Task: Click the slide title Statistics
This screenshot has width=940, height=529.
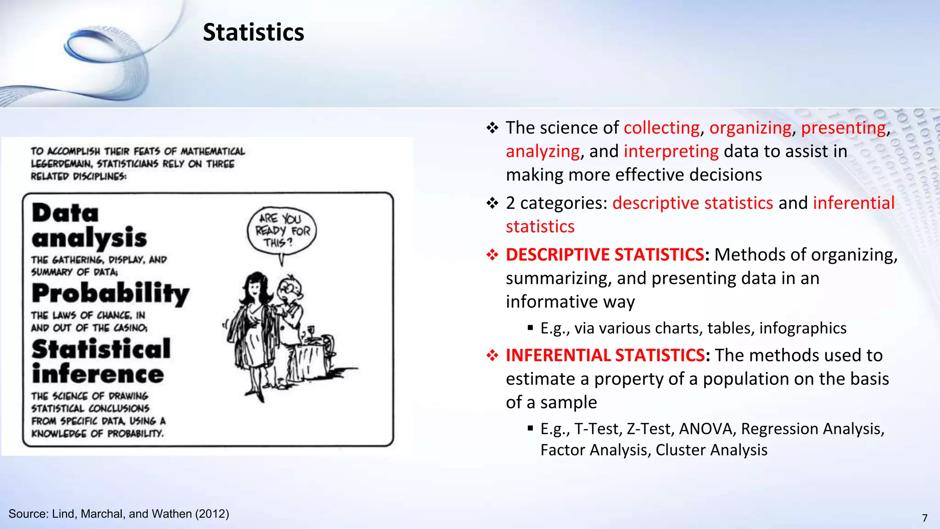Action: (253, 33)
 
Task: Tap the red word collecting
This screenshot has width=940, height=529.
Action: (661, 128)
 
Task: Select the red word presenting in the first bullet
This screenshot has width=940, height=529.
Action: (843, 128)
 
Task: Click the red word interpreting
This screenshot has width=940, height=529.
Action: (671, 151)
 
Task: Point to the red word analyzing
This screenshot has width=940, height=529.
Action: (543, 151)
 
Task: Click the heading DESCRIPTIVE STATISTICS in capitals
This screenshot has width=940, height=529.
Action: (605, 254)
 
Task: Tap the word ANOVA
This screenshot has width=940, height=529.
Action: (707, 428)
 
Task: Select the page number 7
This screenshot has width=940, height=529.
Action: (925, 518)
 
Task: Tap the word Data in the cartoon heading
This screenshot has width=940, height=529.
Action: (65, 214)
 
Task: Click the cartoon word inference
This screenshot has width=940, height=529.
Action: (98, 374)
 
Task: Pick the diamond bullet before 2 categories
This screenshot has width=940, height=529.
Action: (492, 203)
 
